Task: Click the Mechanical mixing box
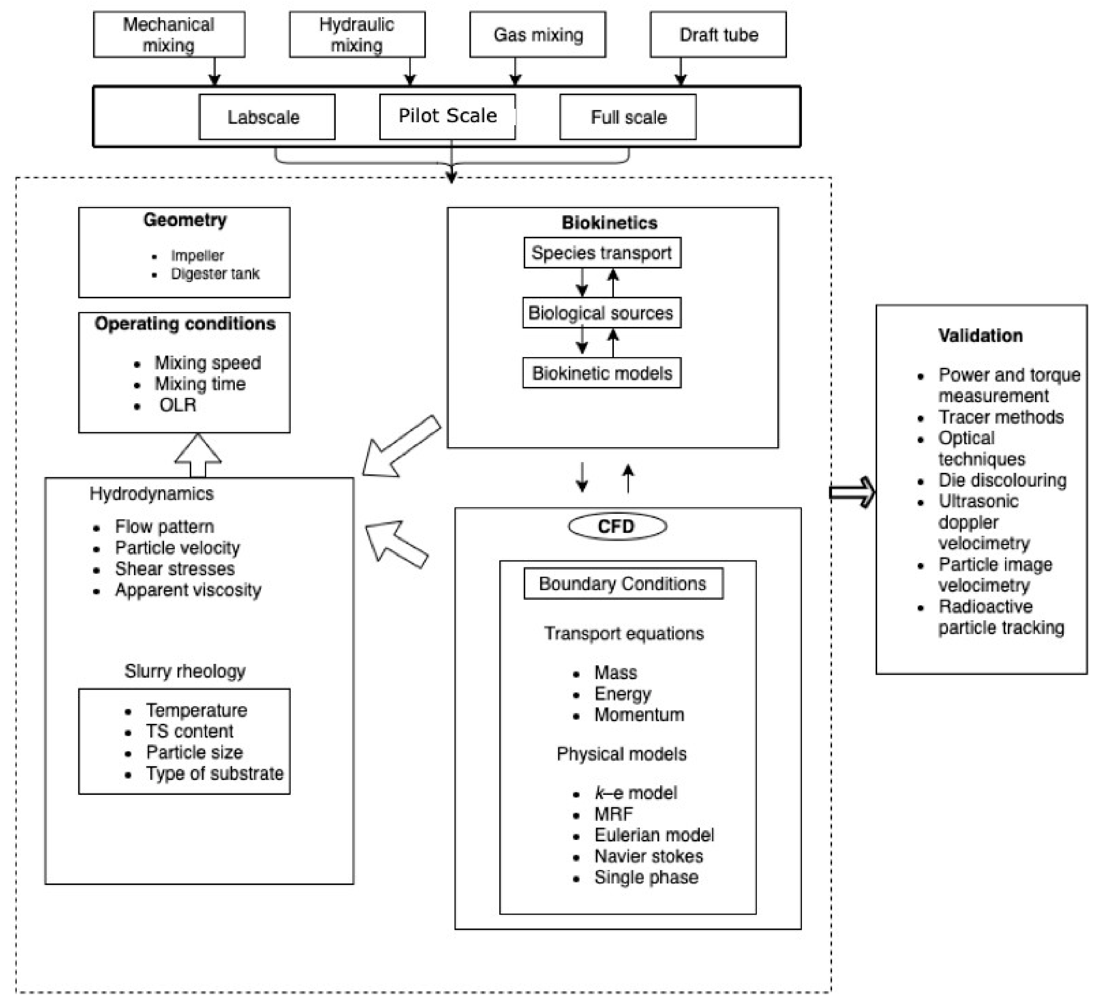[169, 34]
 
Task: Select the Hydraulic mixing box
[357, 34]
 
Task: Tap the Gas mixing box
[538, 34]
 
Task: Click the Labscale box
[267, 117]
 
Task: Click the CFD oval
[617, 526]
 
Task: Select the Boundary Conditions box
[623, 583]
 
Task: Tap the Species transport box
[602, 252]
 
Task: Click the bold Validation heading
[980, 335]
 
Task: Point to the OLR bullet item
[178, 405]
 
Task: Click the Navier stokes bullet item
[648, 856]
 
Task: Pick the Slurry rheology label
[185, 671]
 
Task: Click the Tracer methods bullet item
[1000, 417]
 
